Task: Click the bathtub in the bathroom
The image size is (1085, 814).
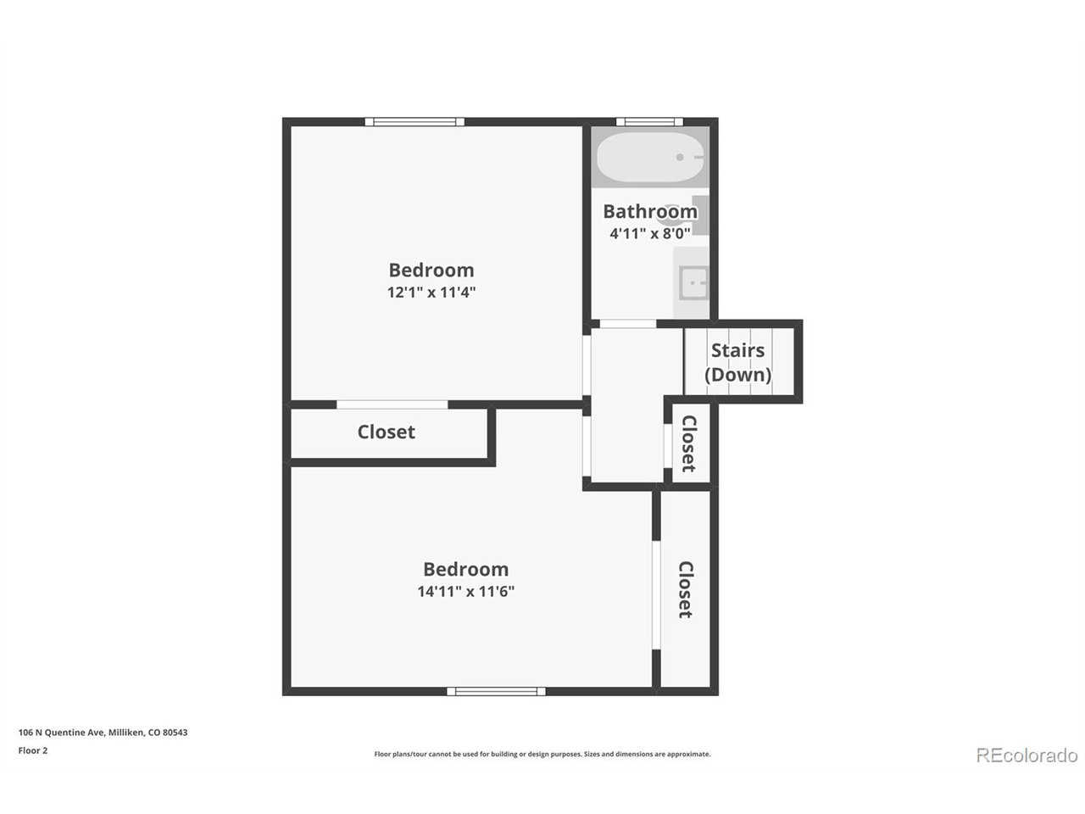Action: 649,157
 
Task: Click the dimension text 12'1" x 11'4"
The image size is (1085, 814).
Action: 431,292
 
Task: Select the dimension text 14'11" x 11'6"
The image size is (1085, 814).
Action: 465,591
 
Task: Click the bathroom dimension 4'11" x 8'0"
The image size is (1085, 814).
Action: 649,233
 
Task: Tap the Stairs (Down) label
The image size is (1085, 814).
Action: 737,362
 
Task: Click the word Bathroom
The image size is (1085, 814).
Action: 650,211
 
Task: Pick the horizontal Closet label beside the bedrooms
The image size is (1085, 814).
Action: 386,432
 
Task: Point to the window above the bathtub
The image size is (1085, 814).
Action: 649,121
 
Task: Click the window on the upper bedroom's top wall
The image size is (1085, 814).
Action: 415,121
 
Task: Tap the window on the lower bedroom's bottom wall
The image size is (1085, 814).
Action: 496,691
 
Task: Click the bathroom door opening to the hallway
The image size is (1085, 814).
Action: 628,324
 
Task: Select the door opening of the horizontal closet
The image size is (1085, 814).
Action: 392,404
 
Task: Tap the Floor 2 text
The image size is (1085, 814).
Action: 32,750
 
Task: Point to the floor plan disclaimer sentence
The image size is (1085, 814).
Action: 542,754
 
